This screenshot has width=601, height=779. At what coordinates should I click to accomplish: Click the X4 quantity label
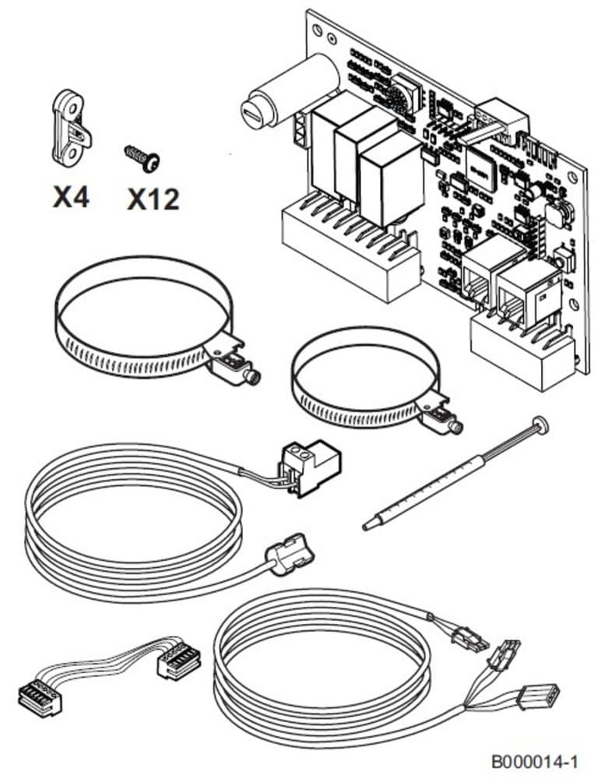tap(71, 197)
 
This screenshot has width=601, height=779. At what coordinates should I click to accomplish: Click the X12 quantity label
tap(153, 199)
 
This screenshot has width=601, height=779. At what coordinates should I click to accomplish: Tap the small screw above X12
tap(142, 158)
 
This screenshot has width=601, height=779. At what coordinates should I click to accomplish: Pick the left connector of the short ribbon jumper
tap(40, 696)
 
